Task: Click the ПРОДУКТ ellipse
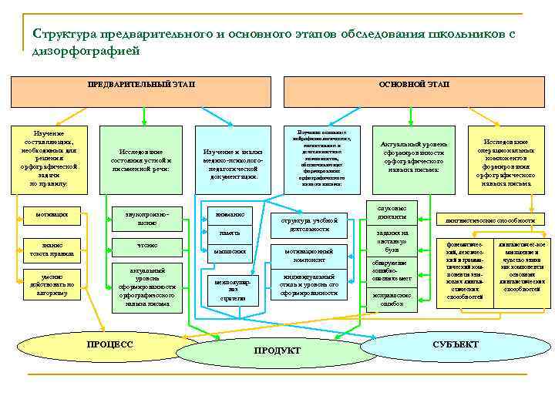click(x=277, y=351)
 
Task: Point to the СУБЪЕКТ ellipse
click(x=455, y=344)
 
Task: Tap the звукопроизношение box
click(x=146, y=217)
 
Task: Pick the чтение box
click(x=146, y=246)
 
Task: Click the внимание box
click(x=228, y=214)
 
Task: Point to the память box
click(x=228, y=233)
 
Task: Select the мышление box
click(x=228, y=251)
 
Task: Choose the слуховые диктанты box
click(x=392, y=212)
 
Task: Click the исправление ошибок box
click(x=392, y=299)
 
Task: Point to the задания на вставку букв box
click(x=392, y=241)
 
